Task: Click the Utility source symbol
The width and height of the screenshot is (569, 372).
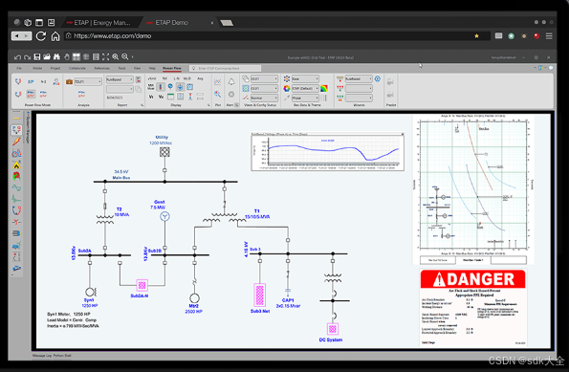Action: [165, 152]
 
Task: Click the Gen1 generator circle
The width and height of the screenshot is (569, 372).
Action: [163, 217]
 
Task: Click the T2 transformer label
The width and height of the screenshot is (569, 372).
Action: [119, 208]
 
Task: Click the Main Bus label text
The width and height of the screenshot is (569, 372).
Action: [121, 177]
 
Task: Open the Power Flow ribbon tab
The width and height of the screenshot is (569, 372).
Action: [172, 69]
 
